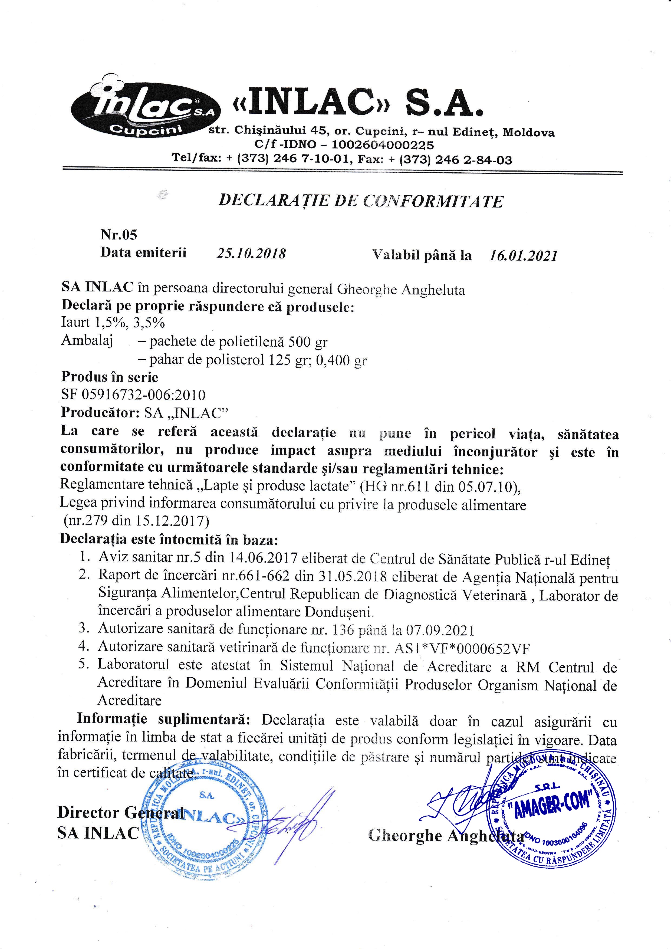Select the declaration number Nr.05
point(119,235)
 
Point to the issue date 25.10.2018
point(251,253)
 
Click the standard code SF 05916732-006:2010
point(133,395)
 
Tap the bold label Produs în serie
point(110,376)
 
